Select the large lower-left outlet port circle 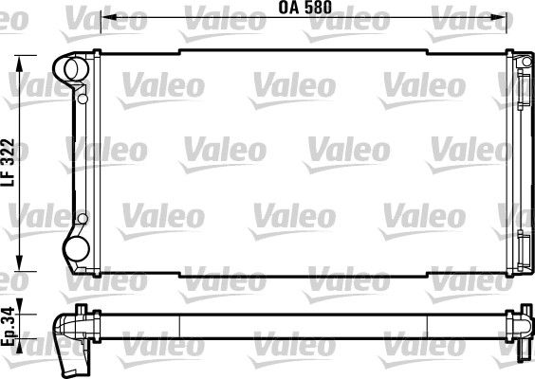73,250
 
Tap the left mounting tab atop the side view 83,309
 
